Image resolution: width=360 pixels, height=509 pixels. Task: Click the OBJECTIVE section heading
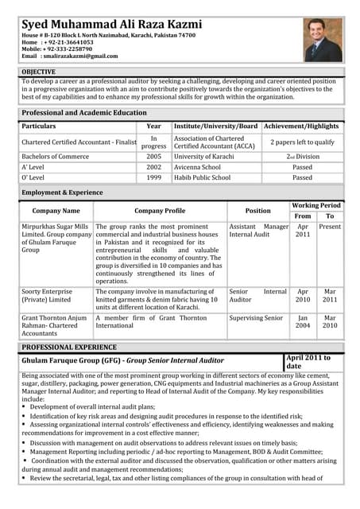click(39, 72)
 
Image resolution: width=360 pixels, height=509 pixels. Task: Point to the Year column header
click(153, 126)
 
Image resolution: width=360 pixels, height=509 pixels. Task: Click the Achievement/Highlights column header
click(302, 126)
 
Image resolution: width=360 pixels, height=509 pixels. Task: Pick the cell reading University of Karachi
click(204, 157)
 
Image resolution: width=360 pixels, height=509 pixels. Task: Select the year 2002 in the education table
click(153, 167)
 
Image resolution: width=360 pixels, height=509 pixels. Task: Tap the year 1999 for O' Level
click(153, 177)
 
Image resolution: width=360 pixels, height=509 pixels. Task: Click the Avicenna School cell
click(198, 167)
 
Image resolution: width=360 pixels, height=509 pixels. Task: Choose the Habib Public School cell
click(202, 177)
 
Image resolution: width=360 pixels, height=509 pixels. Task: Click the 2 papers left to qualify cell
click(302, 142)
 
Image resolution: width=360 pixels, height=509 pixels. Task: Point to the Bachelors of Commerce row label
click(55, 157)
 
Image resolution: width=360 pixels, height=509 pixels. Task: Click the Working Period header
click(316, 205)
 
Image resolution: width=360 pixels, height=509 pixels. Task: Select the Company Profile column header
click(160, 211)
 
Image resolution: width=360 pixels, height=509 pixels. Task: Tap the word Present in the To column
click(330, 227)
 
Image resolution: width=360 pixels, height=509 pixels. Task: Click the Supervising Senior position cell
click(256, 318)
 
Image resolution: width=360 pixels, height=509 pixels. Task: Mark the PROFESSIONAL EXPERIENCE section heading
click(69, 348)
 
